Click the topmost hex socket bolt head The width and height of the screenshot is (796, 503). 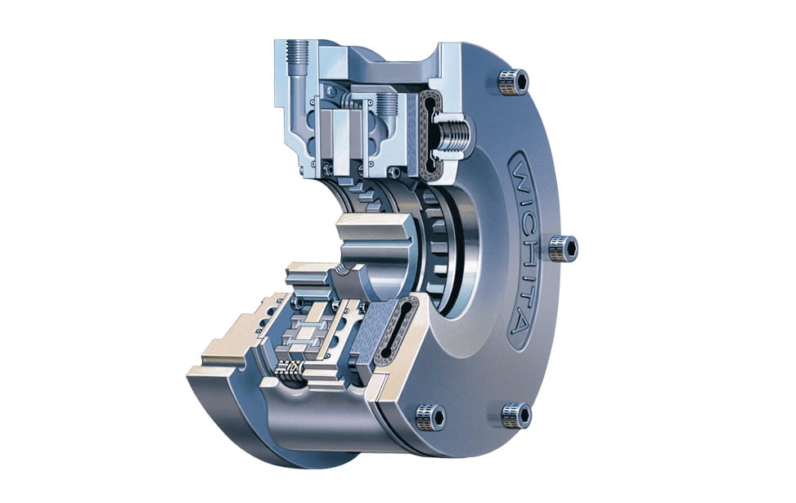coord(513,81)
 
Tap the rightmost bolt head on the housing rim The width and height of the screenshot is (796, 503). coord(563,247)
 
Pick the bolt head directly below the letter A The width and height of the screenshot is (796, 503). coord(516,415)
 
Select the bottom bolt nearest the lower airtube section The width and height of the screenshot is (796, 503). coord(430,416)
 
